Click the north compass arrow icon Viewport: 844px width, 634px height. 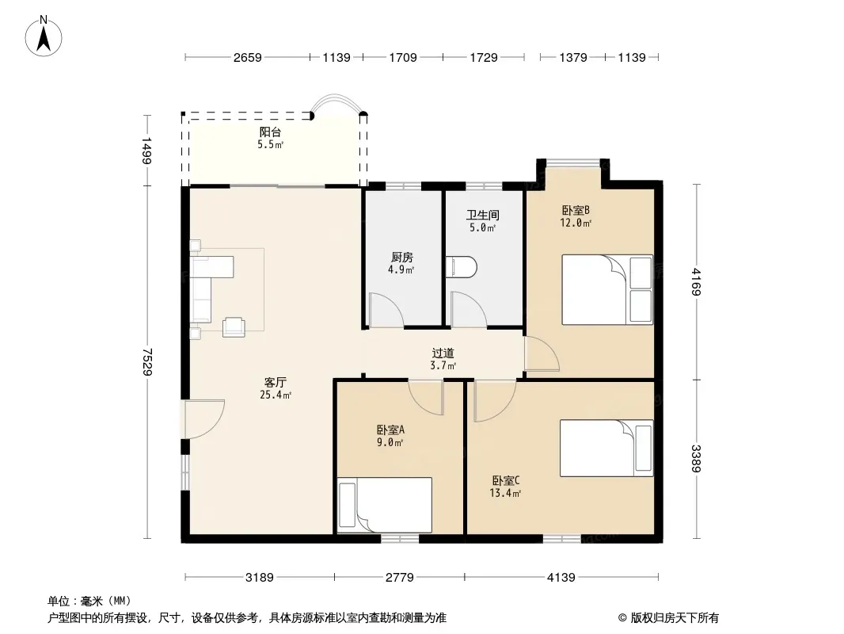click(x=44, y=36)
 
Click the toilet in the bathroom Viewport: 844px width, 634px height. click(x=462, y=267)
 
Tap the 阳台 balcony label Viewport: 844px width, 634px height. click(x=270, y=132)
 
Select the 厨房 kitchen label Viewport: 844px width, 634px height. click(x=402, y=258)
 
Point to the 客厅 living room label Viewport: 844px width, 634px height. click(x=275, y=383)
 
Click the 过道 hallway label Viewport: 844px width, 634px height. click(x=443, y=353)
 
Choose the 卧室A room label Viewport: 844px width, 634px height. click(x=390, y=430)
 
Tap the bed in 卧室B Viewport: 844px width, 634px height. click(x=607, y=290)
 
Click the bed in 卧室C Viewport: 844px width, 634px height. click(x=606, y=449)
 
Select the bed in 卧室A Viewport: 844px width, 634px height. click(x=384, y=505)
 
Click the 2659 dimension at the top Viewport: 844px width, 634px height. click(x=248, y=57)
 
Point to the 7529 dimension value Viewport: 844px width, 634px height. click(x=147, y=362)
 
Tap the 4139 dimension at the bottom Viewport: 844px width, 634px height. click(x=561, y=578)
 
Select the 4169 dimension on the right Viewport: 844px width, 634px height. click(x=696, y=281)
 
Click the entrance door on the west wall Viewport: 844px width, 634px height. click(x=204, y=419)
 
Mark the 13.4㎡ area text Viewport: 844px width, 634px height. click(x=505, y=493)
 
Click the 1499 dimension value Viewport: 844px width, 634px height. click(x=146, y=151)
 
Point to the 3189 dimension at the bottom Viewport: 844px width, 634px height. click(x=260, y=578)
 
